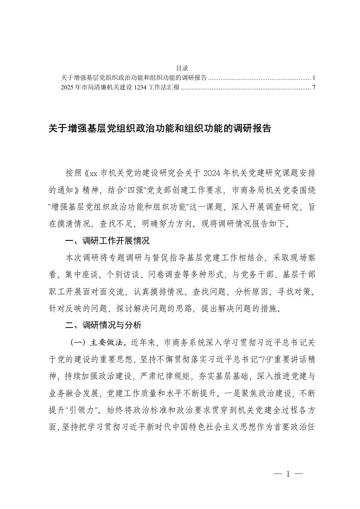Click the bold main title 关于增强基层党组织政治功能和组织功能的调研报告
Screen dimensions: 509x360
[x=160, y=129]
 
